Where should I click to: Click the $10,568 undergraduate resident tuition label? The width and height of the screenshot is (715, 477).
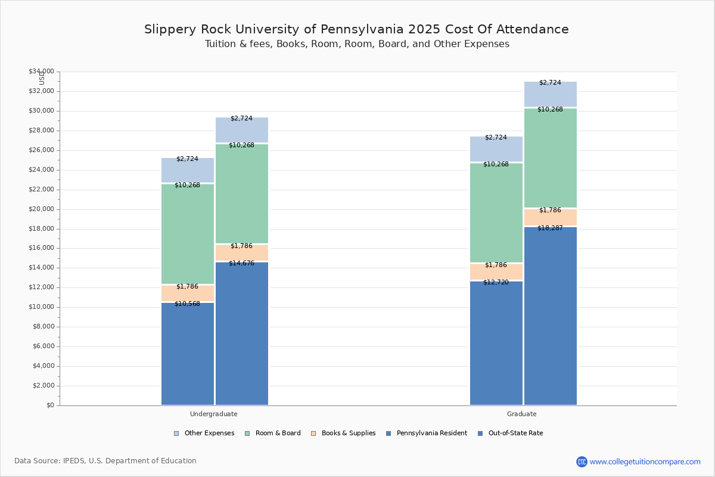[187, 304]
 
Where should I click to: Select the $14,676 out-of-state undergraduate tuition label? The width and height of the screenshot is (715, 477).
[241, 264]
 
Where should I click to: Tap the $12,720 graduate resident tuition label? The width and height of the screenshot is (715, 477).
[496, 283]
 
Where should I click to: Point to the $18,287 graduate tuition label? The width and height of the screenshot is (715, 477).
[550, 228]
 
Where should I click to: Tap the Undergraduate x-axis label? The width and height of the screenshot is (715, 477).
[213, 414]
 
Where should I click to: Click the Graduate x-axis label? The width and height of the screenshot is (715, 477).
[522, 414]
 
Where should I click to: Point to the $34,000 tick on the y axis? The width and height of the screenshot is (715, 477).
[41, 72]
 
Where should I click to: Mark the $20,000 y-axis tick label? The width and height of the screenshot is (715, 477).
[41, 209]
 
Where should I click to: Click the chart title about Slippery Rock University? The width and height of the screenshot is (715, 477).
[356, 29]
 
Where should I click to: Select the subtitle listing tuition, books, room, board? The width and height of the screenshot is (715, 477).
[356, 44]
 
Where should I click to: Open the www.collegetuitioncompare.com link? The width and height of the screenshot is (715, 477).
[645, 461]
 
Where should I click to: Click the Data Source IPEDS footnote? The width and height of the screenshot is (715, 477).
[105, 461]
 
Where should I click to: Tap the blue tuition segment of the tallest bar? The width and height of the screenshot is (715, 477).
[550, 316]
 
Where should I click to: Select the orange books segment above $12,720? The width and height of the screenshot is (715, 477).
[496, 272]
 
